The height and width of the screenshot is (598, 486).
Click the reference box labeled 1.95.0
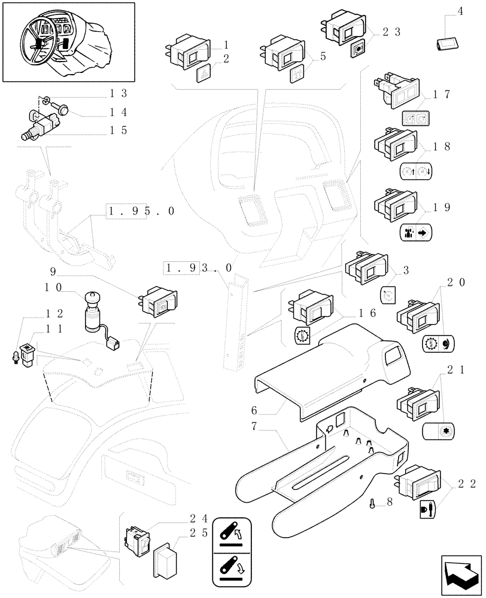click(x=141, y=211)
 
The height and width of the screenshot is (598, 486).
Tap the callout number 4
click(x=460, y=10)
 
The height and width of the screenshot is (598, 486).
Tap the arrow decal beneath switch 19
click(x=415, y=232)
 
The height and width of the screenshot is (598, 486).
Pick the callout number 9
click(x=53, y=271)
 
